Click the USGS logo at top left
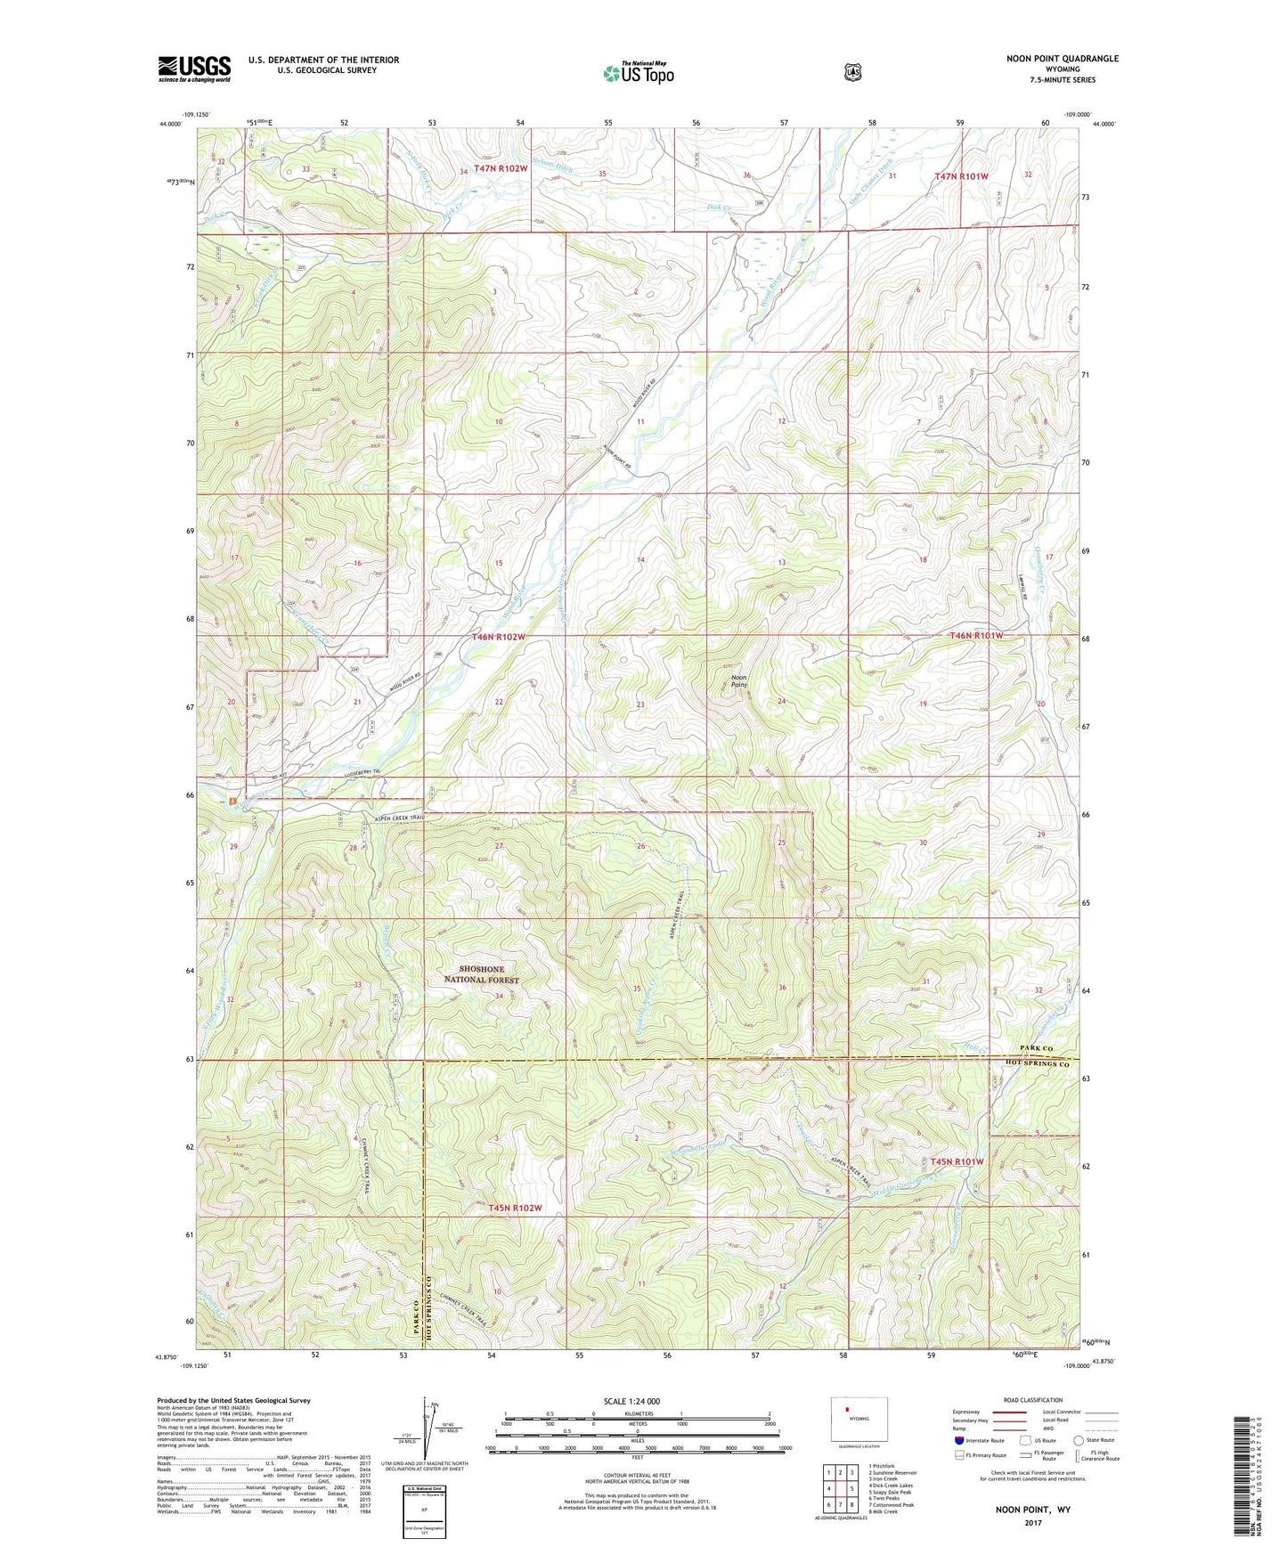[194, 69]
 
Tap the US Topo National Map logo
[637, 73]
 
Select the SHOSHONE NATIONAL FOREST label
[481, 974]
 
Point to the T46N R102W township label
[499, 637]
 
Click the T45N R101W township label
[957, 1161]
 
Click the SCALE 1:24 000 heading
[631, 1401]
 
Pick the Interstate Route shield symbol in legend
[958, 1439]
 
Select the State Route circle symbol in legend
[1079, 1439]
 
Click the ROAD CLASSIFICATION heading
[1032, 1400]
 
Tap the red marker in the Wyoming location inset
[847, 1409]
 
